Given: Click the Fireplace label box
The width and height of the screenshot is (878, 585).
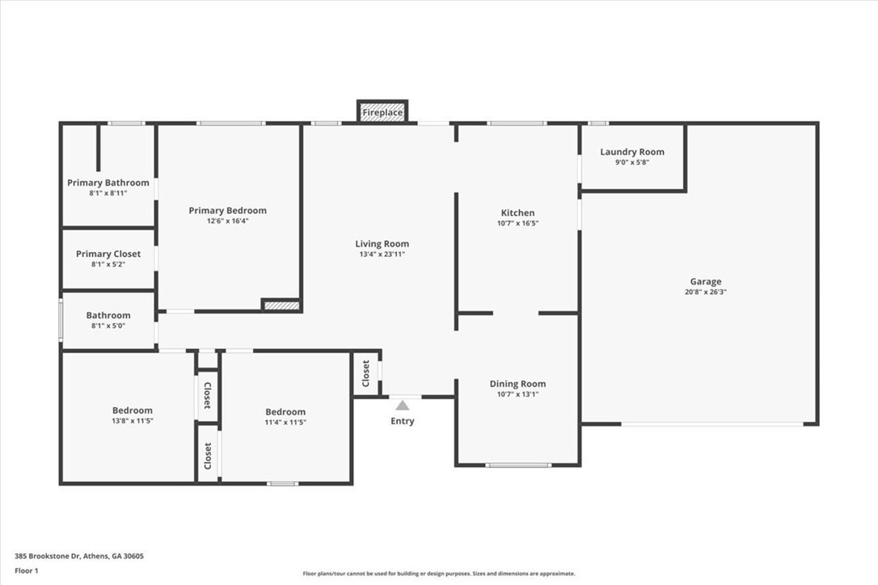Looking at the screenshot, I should pyautogui.click(x=382, y=112).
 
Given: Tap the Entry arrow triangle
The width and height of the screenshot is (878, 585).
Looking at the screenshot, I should pyautogui.click(x=402, y=405).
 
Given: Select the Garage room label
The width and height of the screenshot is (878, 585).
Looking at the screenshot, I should pyautogui.click(x=705, y=282).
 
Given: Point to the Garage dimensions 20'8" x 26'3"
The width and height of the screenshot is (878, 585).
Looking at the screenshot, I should pyautogui.click(x=705, y=292).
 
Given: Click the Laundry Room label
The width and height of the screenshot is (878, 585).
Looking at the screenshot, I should pyautogui.click(x=632, y=152).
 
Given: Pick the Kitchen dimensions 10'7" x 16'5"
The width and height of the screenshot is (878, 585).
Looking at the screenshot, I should pyautogui.click(x=517, y=223).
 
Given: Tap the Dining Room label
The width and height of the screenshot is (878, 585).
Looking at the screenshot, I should pyautogui.click(x=517, y=384).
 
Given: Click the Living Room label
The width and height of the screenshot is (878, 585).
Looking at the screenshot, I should pyautogui.click(x=382, y=244).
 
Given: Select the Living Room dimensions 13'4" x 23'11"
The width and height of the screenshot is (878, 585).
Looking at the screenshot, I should pyautogui.click(x=382, y=255).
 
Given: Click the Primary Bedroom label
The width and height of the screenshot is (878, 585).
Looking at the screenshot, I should pyautogui.click(x=227, y=211).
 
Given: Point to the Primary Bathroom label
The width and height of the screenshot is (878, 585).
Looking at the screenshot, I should pyautogui.click(x=108, y=183).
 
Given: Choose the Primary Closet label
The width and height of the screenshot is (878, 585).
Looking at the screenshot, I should pyautogui.click(x=108, y=254).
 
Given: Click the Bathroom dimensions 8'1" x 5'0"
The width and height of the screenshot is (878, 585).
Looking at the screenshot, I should pyautogui.click(x=108, y=326).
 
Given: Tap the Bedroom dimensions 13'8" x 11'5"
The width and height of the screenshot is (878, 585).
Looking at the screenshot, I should pyautogui.click(x=132, y=421).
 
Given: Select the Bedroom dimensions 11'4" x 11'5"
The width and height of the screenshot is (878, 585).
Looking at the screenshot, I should pyautogui.click(x=285, y=422).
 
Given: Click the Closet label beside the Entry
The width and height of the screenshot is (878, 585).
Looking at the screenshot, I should pyautogui.click(x=365, y=372).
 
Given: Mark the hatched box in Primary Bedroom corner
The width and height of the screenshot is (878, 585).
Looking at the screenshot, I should pyautogui.click(x=281, y=305).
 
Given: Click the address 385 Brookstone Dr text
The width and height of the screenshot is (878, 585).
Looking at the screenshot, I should pyautogui.click(x=79, y=556).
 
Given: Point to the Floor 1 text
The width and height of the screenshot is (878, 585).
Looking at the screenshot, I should pyautogui.click(x=27, y=570).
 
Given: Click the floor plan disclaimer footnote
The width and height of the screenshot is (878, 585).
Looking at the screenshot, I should pyautogui.click(x=439, y=574).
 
